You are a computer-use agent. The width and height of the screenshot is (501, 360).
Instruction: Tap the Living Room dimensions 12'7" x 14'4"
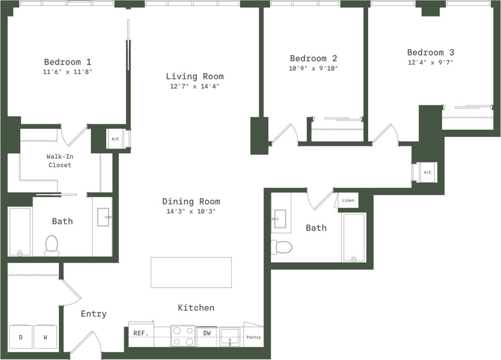point(195,86)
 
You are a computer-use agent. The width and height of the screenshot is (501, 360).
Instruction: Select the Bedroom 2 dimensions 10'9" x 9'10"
point(313,68)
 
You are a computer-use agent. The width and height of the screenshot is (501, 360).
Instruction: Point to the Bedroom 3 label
point(430,52)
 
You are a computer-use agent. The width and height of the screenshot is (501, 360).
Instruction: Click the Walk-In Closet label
point(60,161)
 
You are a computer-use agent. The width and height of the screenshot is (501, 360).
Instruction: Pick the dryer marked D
point(20,337)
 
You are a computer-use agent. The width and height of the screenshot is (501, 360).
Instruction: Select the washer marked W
point(45,337)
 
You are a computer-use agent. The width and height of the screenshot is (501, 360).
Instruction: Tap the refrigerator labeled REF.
point(140,333)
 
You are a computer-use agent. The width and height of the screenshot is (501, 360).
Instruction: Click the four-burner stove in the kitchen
point(183,336)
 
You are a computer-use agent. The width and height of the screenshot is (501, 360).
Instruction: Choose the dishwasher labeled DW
point(207,333)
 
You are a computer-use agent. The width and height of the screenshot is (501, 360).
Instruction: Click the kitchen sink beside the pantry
point(230,337)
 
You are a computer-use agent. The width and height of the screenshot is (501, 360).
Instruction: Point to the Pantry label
point(253,337)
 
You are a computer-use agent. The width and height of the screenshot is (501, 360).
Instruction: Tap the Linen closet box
point(348,200)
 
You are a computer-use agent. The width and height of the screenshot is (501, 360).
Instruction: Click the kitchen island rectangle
point(191,272)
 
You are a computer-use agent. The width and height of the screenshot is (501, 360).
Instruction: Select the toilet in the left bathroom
point(52,245)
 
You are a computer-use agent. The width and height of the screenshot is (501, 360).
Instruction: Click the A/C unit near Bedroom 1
point(115,139)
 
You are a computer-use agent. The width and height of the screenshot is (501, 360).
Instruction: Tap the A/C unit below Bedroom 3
point(427,173)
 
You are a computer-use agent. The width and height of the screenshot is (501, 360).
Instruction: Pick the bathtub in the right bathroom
point(354,237)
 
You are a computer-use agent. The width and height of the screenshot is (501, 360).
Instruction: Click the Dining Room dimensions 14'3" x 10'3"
point(192,211)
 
